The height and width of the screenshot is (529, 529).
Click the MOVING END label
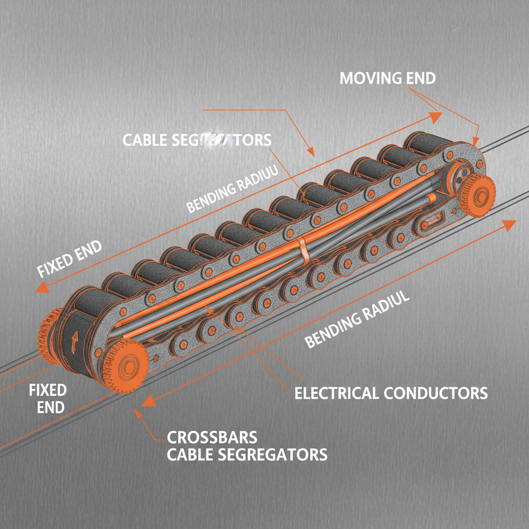coord(387,79)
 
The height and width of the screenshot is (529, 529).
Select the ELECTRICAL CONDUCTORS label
coord(391,393)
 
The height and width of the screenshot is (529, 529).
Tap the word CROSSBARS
coord(212,437)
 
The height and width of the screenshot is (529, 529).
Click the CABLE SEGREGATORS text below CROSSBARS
coord(247,455)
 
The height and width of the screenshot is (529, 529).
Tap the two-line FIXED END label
coord(47,398)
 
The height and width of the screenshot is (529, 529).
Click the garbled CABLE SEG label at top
coord(196,139)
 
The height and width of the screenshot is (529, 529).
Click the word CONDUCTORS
coord(435,393)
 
